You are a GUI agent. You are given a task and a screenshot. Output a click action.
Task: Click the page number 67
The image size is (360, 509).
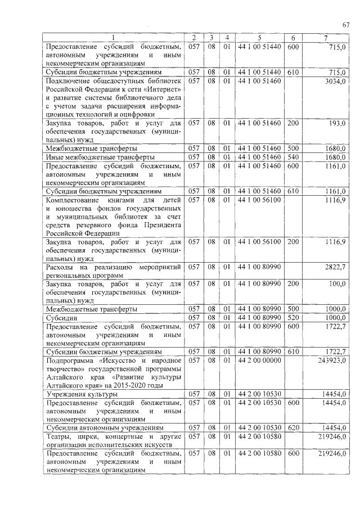346,24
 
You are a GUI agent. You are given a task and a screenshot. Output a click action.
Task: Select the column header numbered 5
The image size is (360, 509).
259,38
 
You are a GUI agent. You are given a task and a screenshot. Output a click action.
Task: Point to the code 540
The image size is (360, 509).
293,156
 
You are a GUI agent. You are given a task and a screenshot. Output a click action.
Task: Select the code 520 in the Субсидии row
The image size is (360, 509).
293,318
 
